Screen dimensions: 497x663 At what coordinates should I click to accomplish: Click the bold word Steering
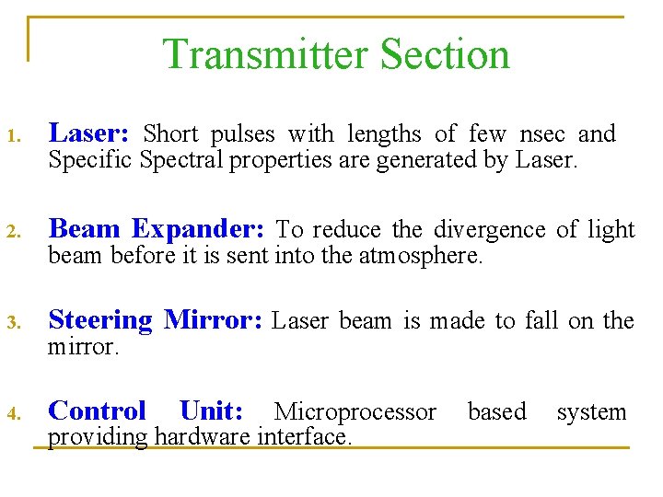(x=99, y=320)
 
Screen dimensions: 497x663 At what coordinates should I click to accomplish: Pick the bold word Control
(x=97, y=410)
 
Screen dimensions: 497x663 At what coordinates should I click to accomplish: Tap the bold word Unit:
(x=211, y=410)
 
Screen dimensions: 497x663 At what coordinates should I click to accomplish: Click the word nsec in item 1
(x=542, y=134)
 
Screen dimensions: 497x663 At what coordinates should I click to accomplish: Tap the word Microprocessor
(x=355, y=411)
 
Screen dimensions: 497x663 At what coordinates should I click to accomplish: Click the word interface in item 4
(x=307, y=436)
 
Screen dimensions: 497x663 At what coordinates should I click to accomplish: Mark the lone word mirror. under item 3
(x=83, y=348)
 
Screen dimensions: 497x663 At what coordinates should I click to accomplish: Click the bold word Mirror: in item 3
(x=214, y=320)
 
